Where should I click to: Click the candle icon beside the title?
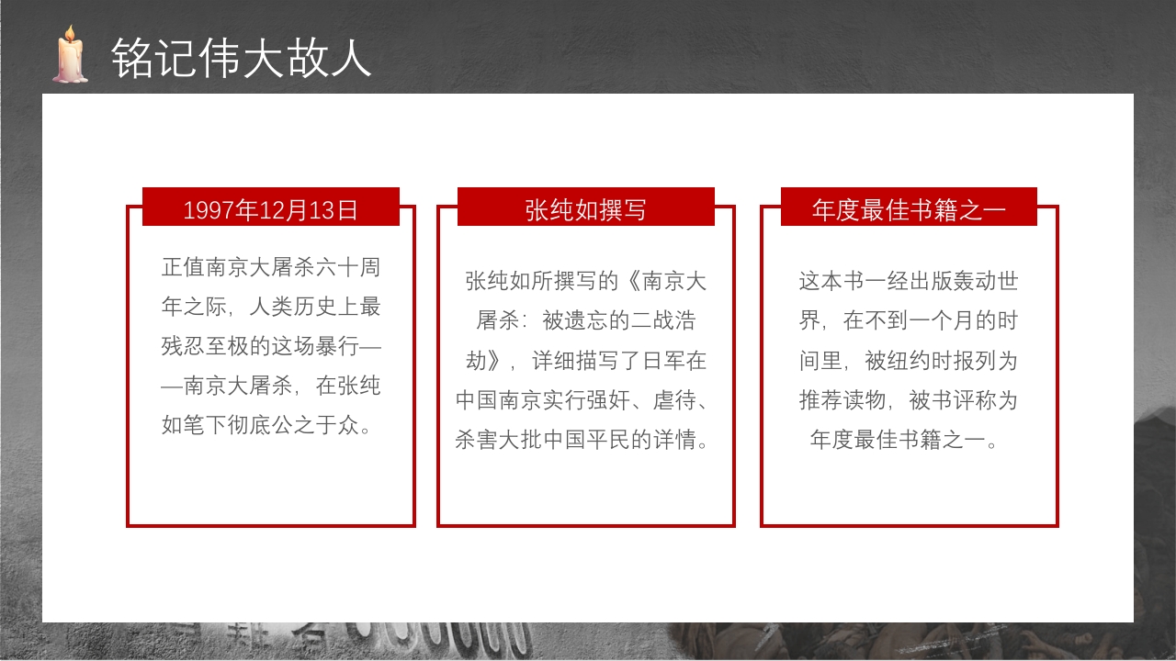click(x=70, y=58)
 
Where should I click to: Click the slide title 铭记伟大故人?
click(x=241, y=58)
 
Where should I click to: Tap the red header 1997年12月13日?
click(x=270, y=209)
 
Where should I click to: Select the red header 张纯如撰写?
click(x=585, y=209)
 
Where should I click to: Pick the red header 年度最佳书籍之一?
click(x=909, y=209)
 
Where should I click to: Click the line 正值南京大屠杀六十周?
click(x=270, y=268)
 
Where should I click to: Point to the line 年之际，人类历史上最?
click(x=270, y=307)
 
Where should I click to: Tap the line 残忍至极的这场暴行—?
click(x=270, y=346)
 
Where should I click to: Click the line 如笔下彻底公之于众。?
click(x=270, y=425)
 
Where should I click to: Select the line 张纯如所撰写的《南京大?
click(x=585, y=281)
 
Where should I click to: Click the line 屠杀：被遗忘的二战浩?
click(x=585, y=320)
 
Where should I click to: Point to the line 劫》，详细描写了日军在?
click(x=585, y=360)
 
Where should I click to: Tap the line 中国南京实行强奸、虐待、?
click(x=585, y=400)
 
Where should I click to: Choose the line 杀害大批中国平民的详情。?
click(x=585, y=440)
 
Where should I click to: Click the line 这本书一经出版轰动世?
click(x=909, y=281)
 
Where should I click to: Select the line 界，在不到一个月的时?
click(x=909, y=320)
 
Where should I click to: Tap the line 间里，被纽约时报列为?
click(x=909, y=360)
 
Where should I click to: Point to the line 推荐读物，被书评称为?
click(x=909, y=400)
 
